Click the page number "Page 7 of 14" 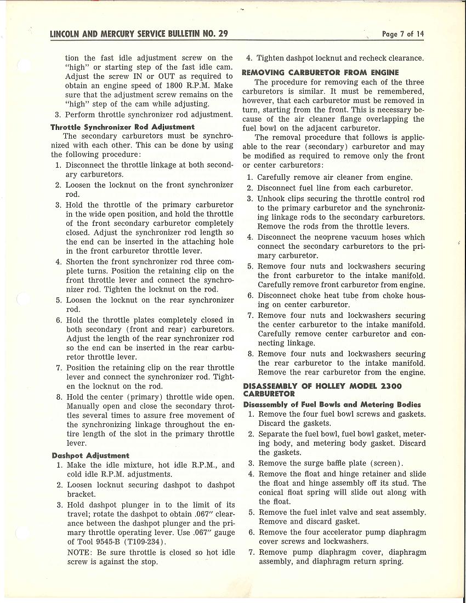(403, 34)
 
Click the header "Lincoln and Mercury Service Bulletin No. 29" (139, 34)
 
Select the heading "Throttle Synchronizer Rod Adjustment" (122, 127)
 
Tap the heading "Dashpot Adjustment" (90, 455)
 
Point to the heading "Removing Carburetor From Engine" (320, 72)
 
